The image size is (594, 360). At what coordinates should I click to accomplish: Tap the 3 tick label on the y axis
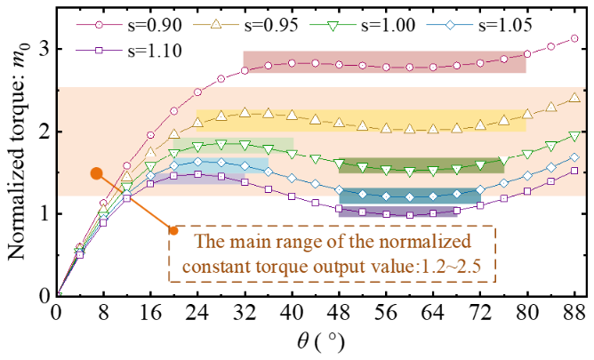coord(42,50)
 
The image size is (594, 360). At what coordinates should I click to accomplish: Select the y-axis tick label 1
coord(42,214)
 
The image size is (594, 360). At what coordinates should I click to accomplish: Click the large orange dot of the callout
coord(97,174)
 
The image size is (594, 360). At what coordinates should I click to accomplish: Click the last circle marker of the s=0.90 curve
coord(574,39)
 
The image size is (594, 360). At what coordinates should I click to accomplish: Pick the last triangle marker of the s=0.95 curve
coord(574,98)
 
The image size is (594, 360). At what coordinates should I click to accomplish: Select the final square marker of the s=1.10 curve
coord(574,171)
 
